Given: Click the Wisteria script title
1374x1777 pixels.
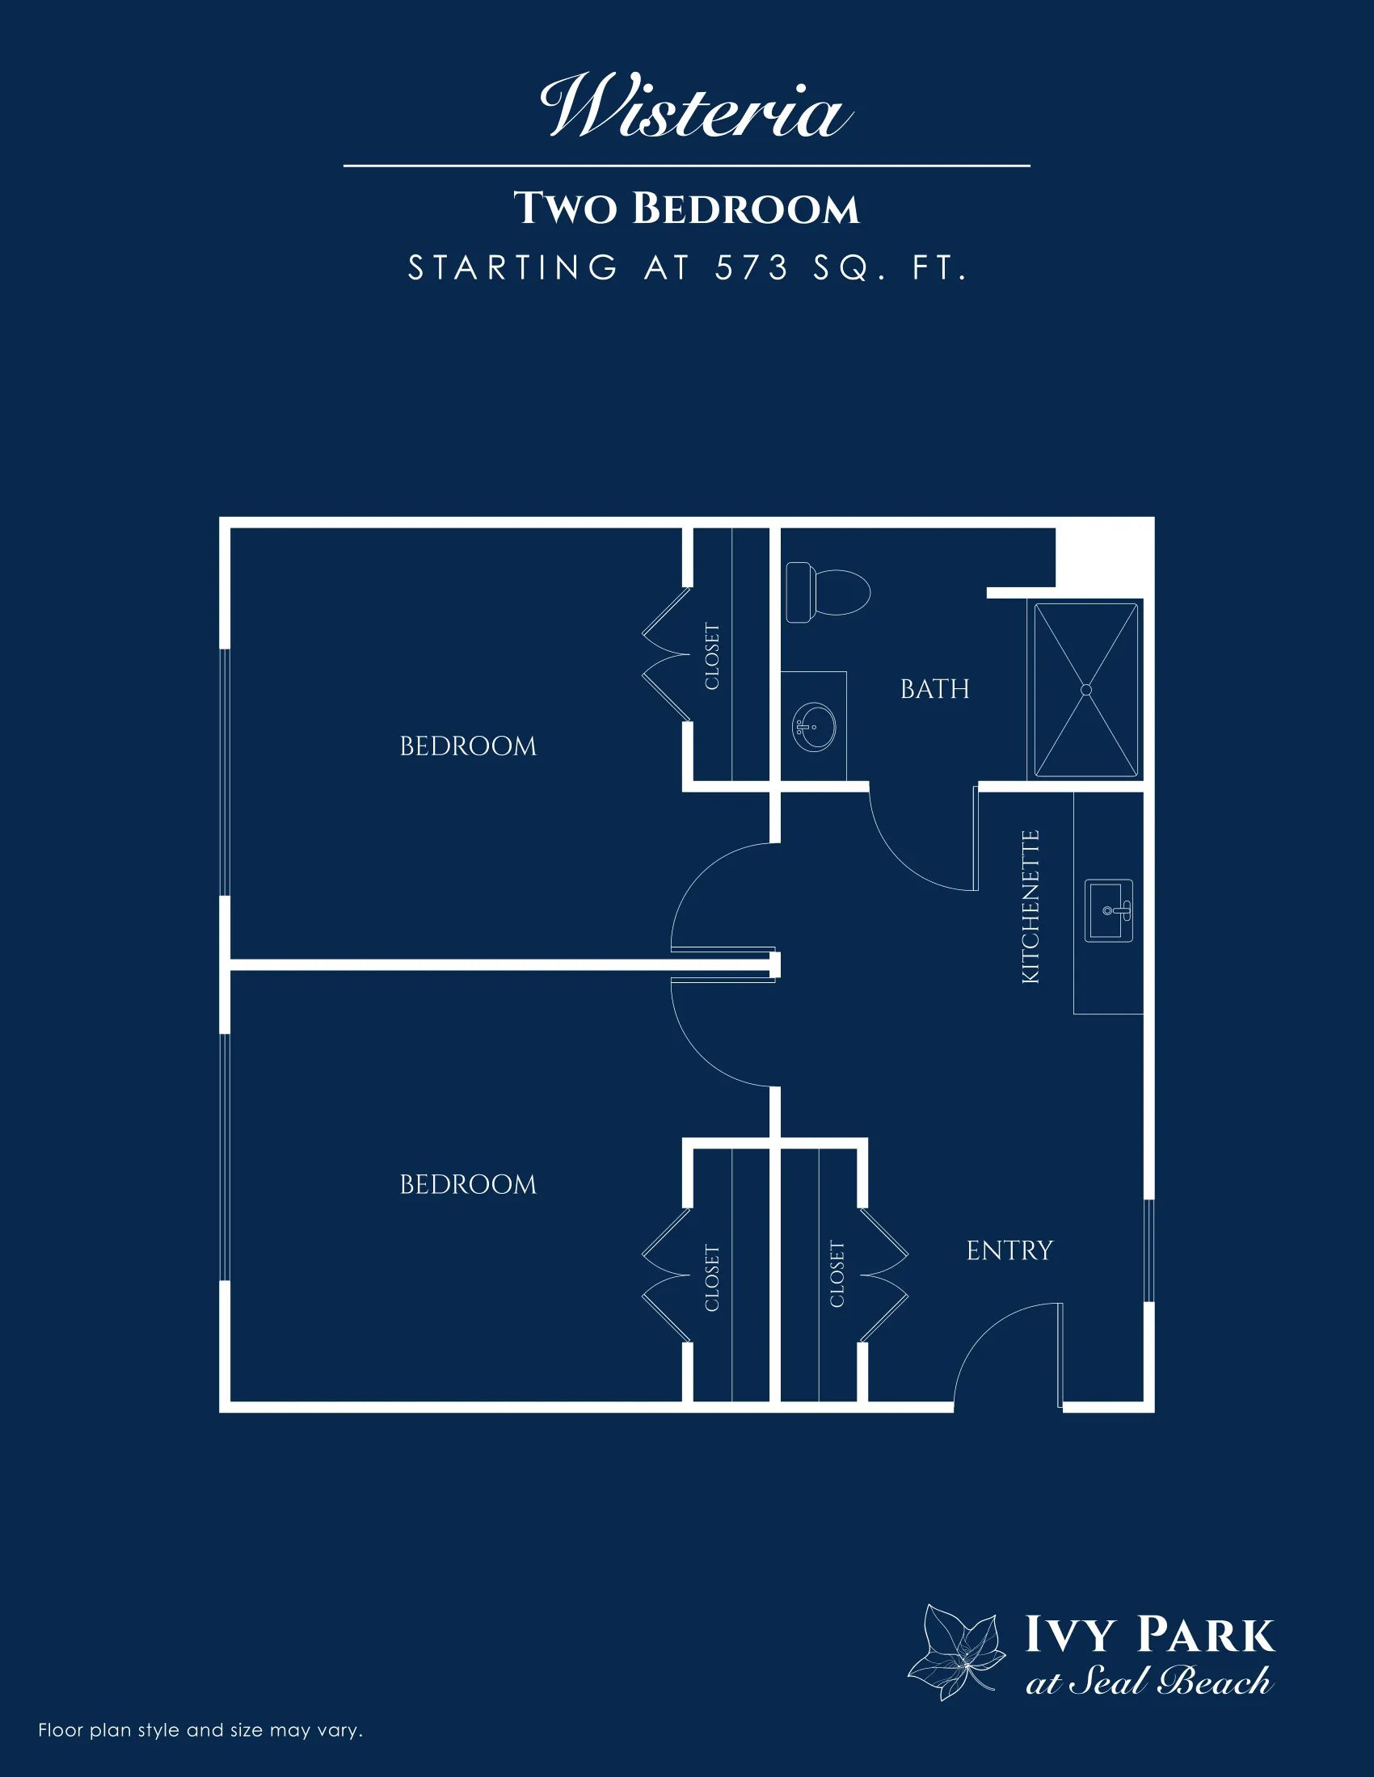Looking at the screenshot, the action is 697,107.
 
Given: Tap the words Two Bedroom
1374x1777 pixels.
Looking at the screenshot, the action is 686,208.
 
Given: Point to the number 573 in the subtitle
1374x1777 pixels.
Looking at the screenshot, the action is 752,267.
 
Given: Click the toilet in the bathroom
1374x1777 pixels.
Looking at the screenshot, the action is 828,591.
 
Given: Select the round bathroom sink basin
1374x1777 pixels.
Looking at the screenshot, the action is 814,726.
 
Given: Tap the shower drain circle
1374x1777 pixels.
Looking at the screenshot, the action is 1085,689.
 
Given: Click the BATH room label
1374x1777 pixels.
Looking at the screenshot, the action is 934,689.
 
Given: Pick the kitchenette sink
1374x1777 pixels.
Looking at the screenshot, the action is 1109,910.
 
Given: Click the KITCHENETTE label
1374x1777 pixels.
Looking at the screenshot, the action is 1030,906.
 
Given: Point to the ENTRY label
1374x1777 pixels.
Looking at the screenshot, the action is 1009,1250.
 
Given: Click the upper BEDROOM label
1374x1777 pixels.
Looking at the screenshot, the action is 468,746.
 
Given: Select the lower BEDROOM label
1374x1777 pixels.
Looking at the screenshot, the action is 468,1185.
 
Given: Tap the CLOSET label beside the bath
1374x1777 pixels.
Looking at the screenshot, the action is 712,657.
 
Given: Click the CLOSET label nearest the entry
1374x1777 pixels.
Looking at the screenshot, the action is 837,1273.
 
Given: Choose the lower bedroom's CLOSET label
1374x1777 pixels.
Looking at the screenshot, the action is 712,1279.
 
